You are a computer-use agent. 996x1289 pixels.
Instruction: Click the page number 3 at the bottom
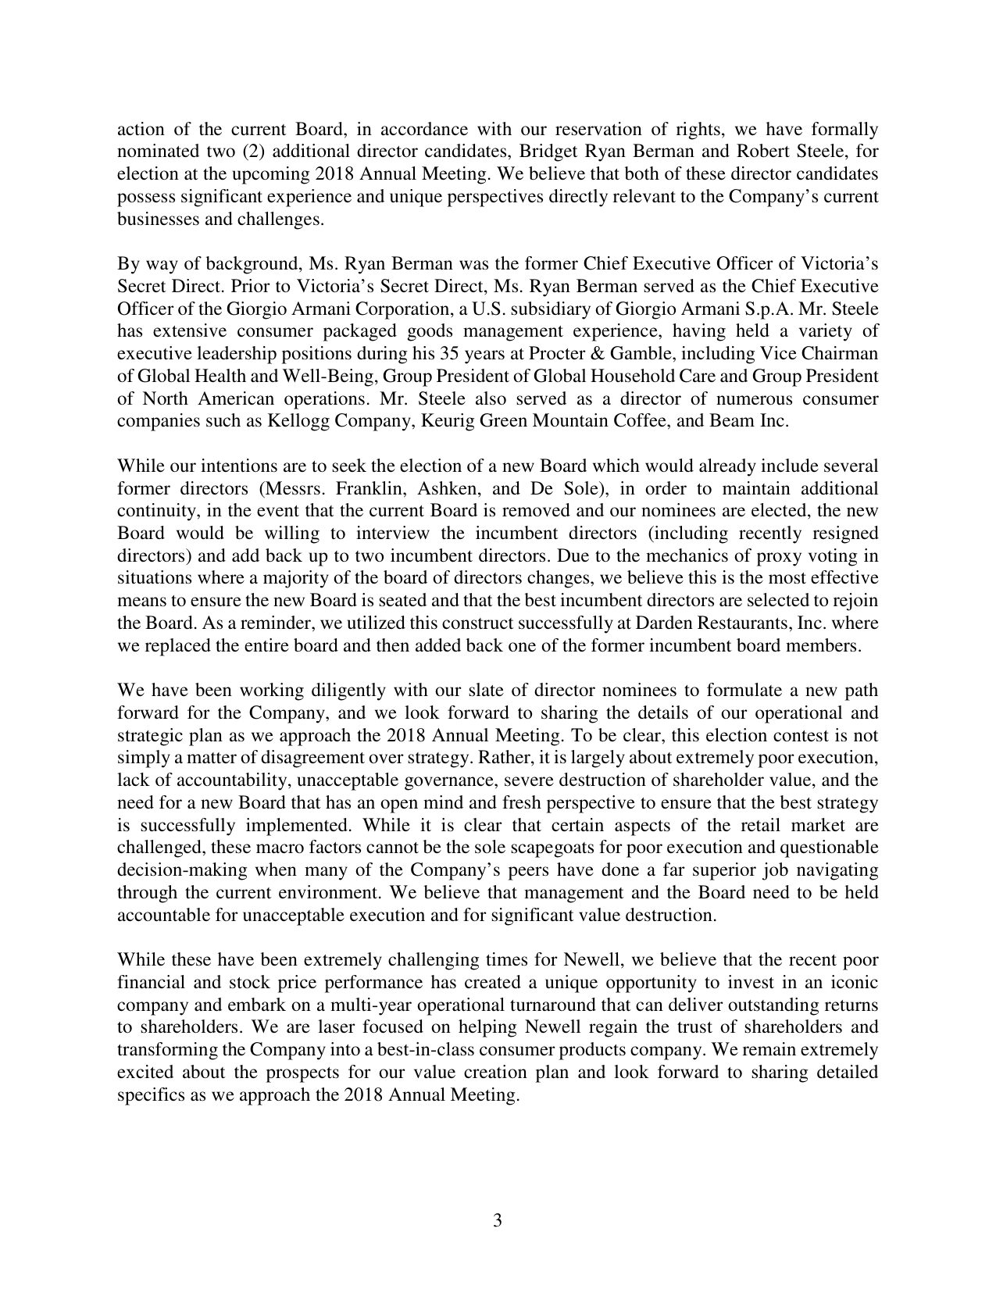[498, 1221]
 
